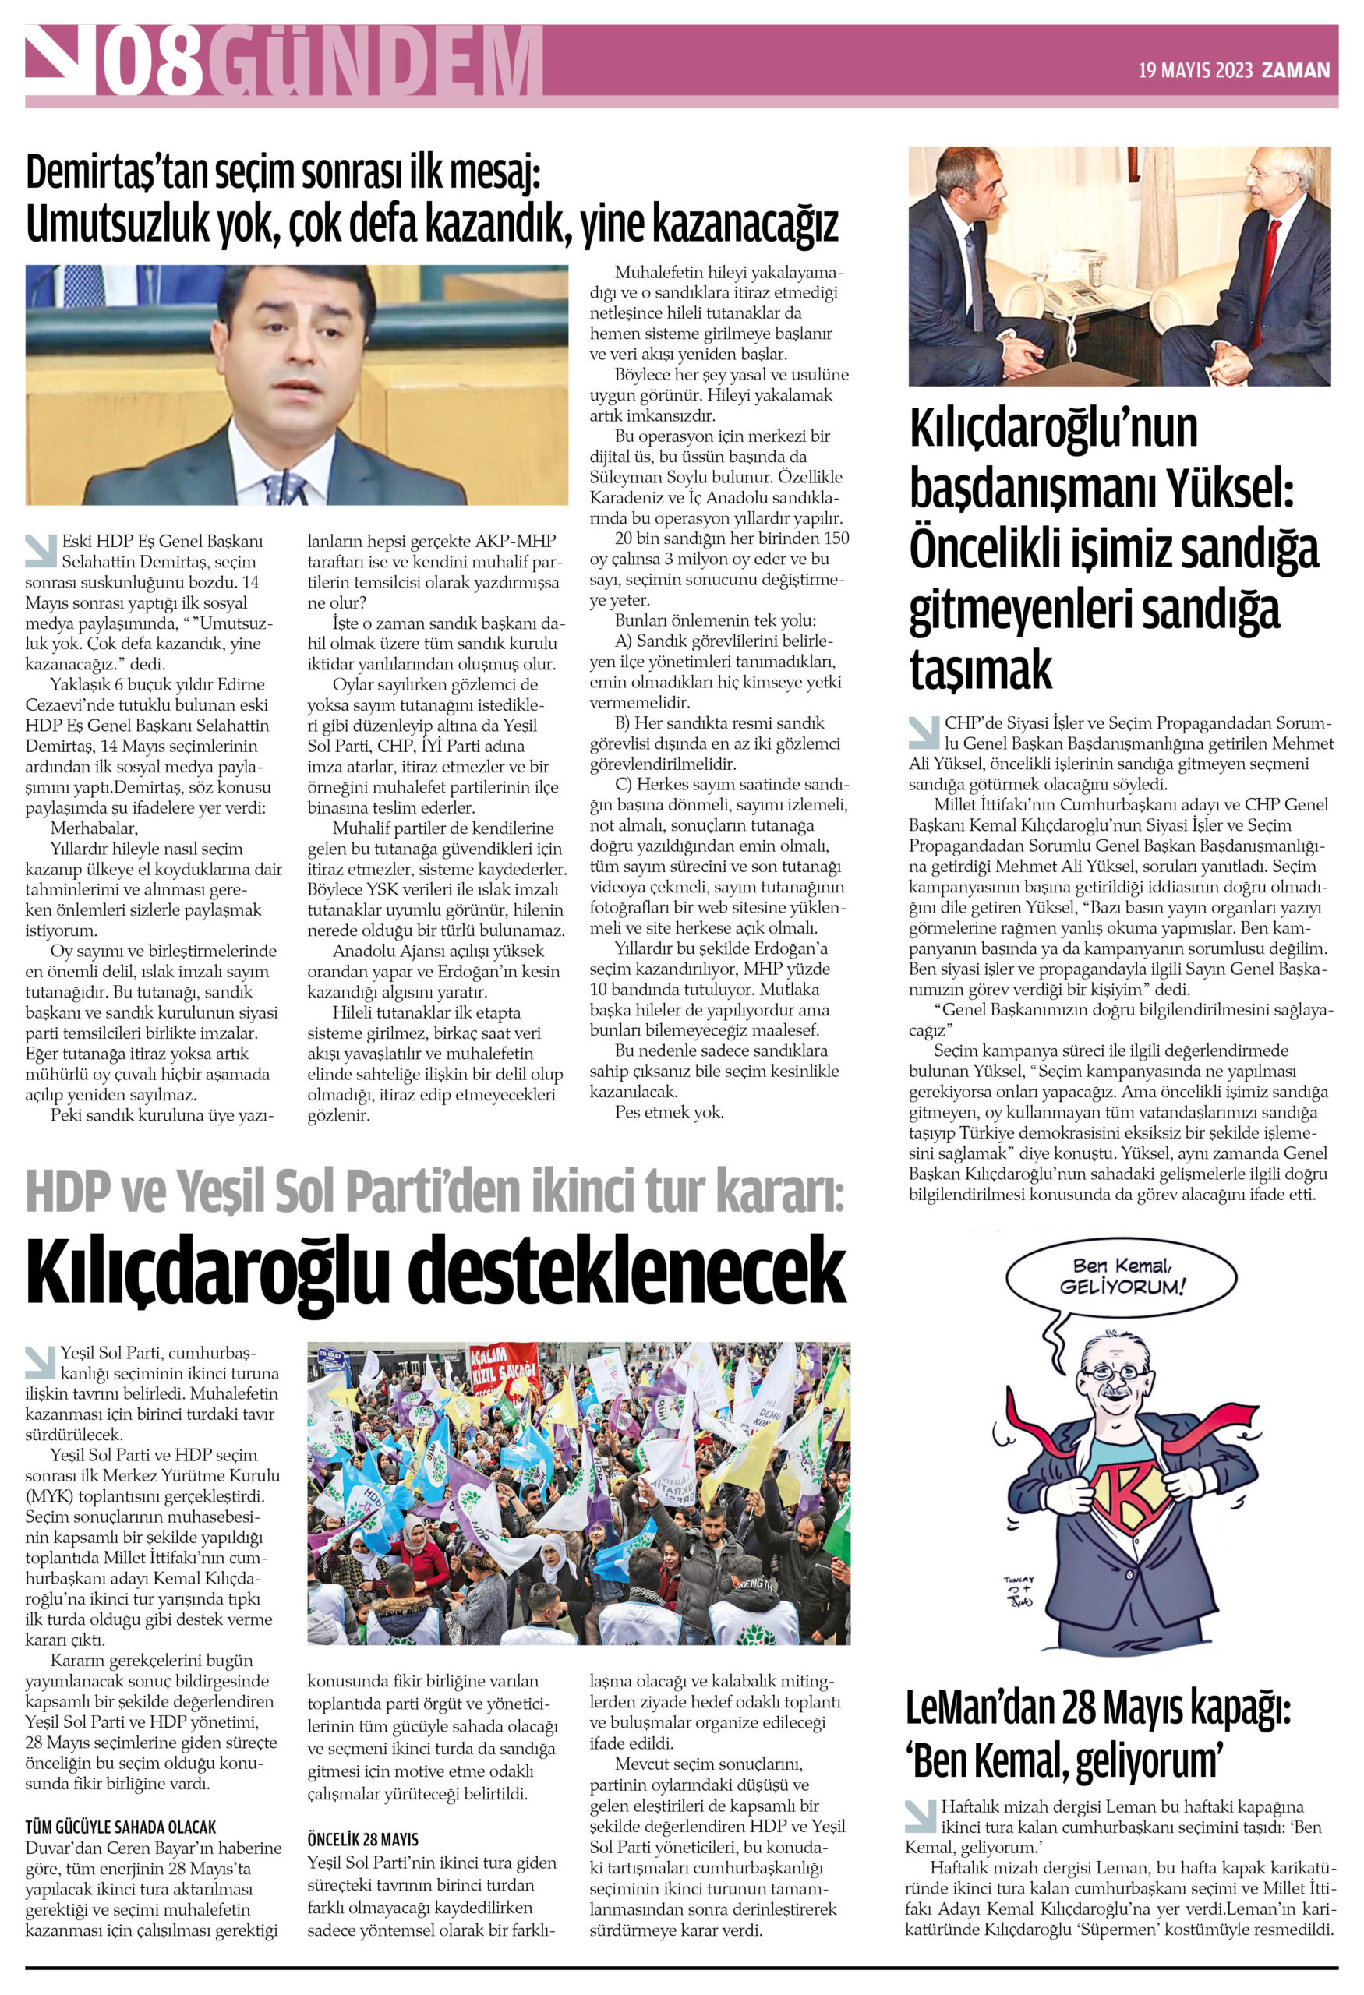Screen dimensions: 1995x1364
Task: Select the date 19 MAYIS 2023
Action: point(1195,70)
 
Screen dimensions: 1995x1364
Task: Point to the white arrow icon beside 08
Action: point(60,58)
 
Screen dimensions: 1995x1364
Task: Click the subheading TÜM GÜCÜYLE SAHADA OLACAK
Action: point(120,1827)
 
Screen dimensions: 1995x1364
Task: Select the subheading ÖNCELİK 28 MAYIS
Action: point(363,1840)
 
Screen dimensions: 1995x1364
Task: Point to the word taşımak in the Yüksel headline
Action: point(981,668)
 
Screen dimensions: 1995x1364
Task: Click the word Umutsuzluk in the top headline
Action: point(118,223)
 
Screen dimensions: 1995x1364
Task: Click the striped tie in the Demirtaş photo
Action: point(285,488)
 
